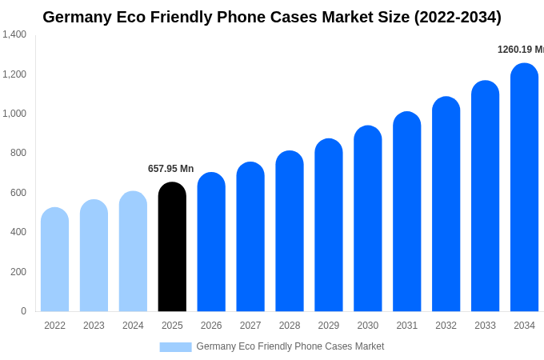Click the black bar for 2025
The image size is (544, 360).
pos(172,248)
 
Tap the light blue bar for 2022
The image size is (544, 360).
pos(54,260)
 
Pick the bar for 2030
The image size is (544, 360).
pos(368,219)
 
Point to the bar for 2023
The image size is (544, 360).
pos(94,256)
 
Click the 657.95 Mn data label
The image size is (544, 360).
pos(170,169)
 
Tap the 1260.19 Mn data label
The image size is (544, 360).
pos(520,50)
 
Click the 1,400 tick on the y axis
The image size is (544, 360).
pos(14,34)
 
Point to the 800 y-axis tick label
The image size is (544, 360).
pos(18,153)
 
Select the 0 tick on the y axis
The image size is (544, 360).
pos(23,311)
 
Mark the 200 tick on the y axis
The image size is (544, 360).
pos(18,272)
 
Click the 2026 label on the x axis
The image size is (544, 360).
pos(211,326)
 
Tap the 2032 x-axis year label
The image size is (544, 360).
pos(446,326)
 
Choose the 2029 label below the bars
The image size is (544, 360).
pos(329,326)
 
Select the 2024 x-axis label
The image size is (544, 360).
pos(133,326)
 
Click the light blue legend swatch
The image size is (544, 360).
pos(175,347)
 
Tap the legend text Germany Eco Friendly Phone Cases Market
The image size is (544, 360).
pos(290,346)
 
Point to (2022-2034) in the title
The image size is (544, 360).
pos(457,17)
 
